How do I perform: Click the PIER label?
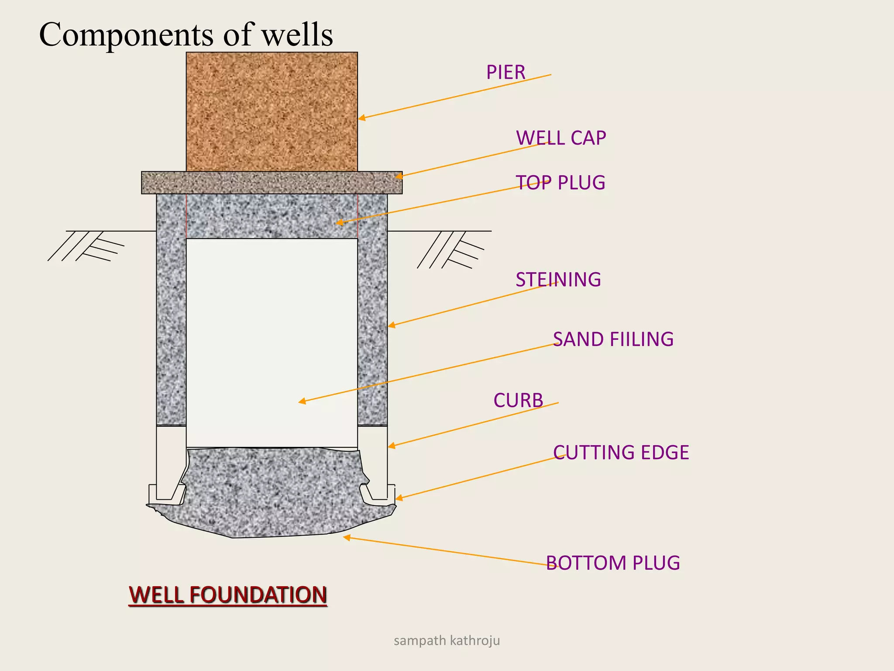tap(505, 73)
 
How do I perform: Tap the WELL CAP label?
tap(561, 138)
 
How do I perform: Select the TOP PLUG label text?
tap(560, 183)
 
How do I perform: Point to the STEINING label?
tap(558, 280)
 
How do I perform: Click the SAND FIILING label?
tap(613, 339)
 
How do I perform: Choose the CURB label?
tap(518, 401)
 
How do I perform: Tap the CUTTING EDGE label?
tap(621, 453)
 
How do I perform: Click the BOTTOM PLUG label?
tap(613, 563)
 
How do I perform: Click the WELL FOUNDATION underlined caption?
tap(228, 595)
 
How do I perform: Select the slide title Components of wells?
tap(186, 35)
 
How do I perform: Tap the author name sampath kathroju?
tap(447, 641)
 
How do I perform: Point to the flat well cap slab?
tap(272, 183)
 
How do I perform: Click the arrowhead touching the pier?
tap(362, 118)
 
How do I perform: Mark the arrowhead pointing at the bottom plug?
tap(347, 538)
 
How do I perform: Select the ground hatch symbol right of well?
tap(450, 250)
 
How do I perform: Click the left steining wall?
tap(171, 310)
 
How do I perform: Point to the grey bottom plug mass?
tap(271, 494)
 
